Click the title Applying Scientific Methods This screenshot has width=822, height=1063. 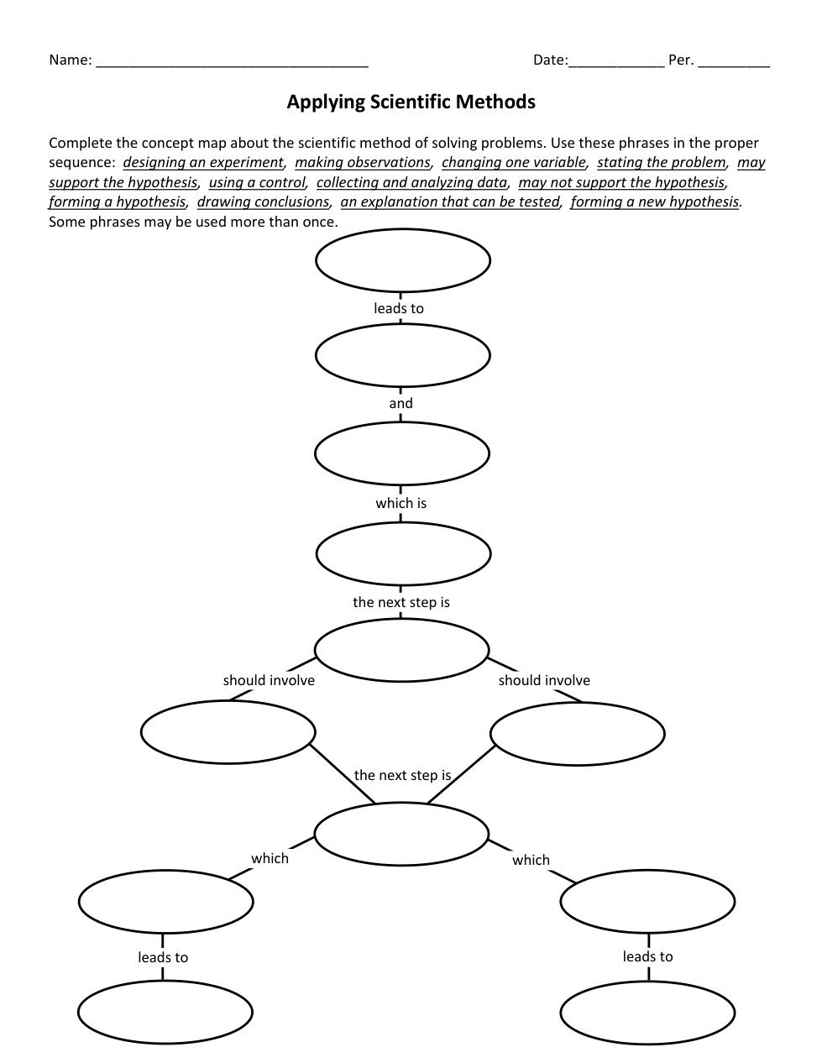pos(411,102)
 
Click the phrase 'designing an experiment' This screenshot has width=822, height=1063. pos(203,163)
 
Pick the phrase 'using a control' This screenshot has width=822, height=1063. pos(257,182)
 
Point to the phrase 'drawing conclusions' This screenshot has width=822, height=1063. pos(263,202)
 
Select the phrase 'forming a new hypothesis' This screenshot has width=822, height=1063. pos(655,202)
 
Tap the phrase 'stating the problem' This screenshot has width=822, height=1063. pos(661,163)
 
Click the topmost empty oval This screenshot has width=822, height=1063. pos(403,260)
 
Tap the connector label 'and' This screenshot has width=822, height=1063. pos(401,404)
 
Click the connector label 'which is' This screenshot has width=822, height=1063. pos(401,504)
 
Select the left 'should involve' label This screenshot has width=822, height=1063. pos(269,681)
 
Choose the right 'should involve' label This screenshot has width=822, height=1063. pos(544,681)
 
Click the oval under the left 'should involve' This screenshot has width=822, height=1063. pos(228,732)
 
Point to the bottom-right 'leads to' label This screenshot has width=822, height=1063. pos(647,957)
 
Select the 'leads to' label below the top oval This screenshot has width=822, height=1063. pos(399,309)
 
